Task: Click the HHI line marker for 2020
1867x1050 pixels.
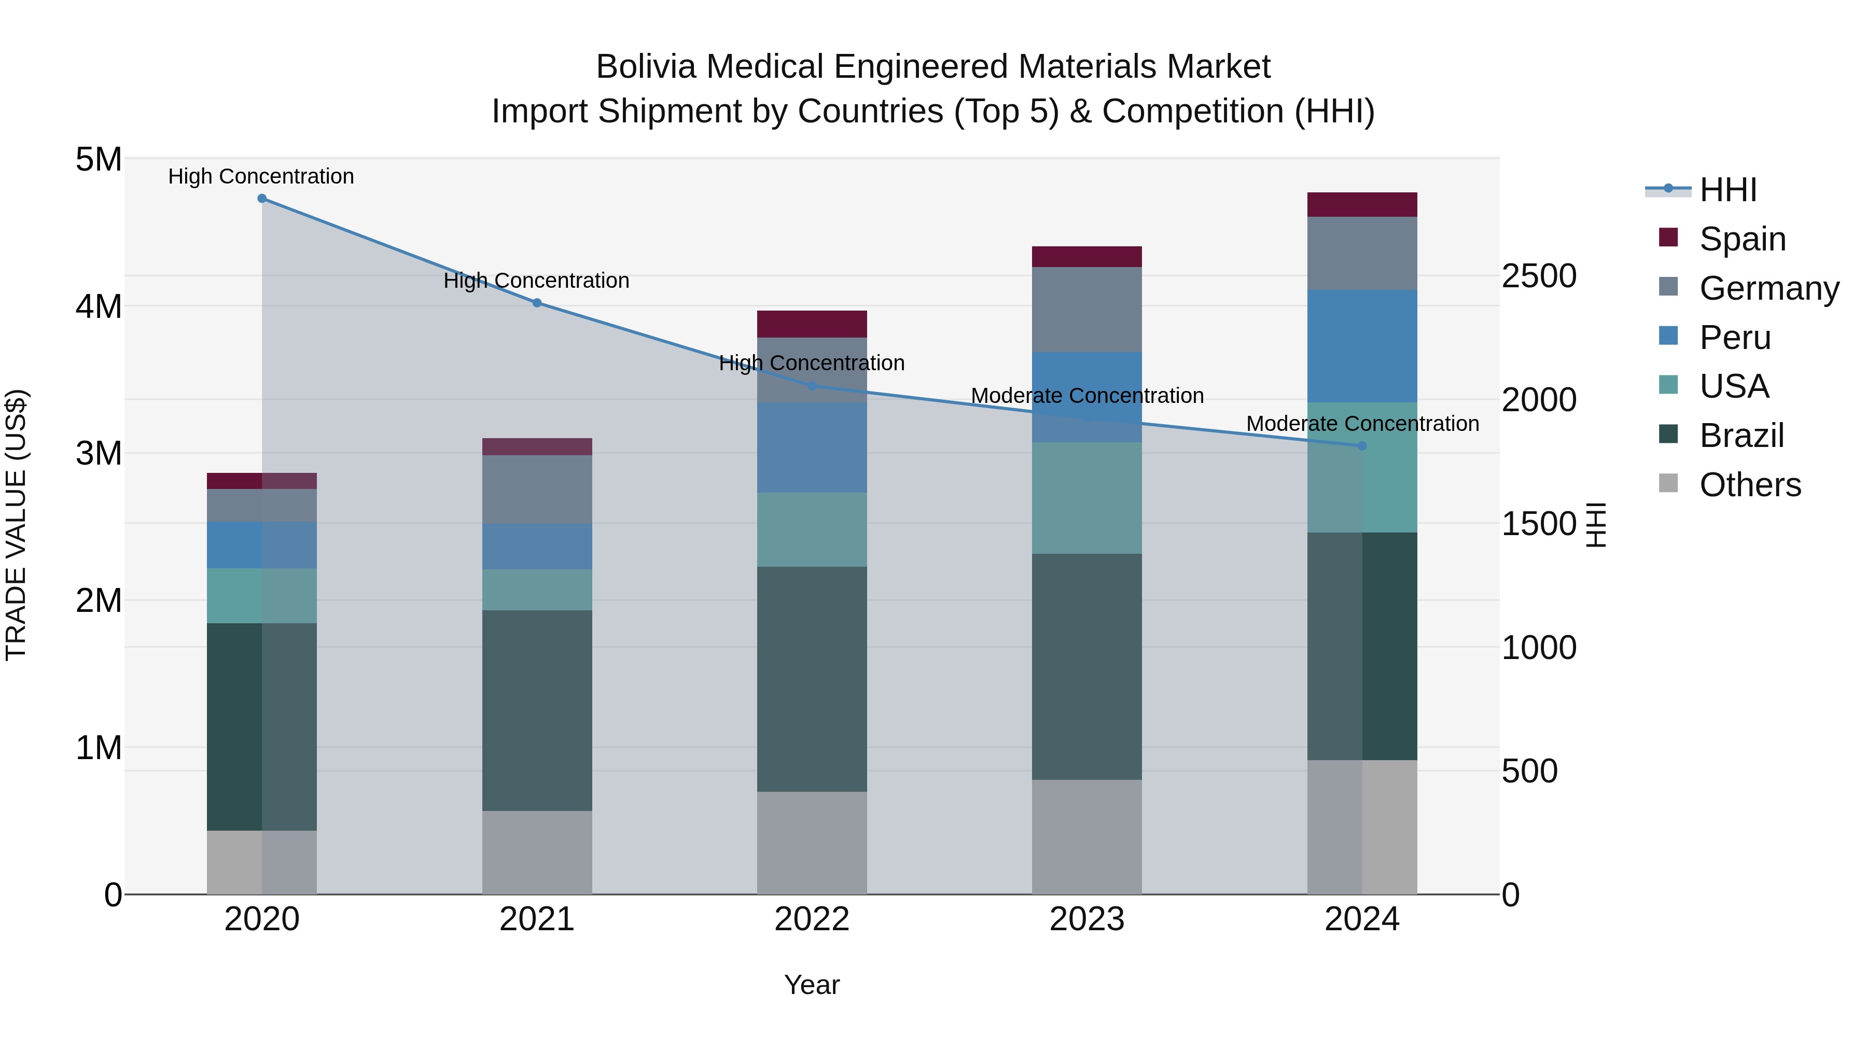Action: [x=262, y=199]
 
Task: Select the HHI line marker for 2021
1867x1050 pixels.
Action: [x=537, y=303]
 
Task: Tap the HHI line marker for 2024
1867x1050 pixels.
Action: [x=1362, y=445]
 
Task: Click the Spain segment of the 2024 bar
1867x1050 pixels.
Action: [x=1362, y=205]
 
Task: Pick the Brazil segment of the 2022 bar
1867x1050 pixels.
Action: [x=812, y=679]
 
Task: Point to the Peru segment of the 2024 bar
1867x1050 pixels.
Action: [x=1362, y=346]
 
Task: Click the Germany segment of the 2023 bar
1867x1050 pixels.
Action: [x=1086, y=310]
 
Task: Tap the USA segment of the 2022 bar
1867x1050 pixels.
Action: [x=812, y=530]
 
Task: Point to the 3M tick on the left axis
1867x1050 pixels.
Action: [x=99, y=454]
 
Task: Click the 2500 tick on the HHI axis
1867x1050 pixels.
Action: [x=1539, y=276]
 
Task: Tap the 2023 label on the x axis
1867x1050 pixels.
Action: [x=1086, y=919]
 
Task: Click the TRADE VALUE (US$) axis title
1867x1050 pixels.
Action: [x=16, y=525]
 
